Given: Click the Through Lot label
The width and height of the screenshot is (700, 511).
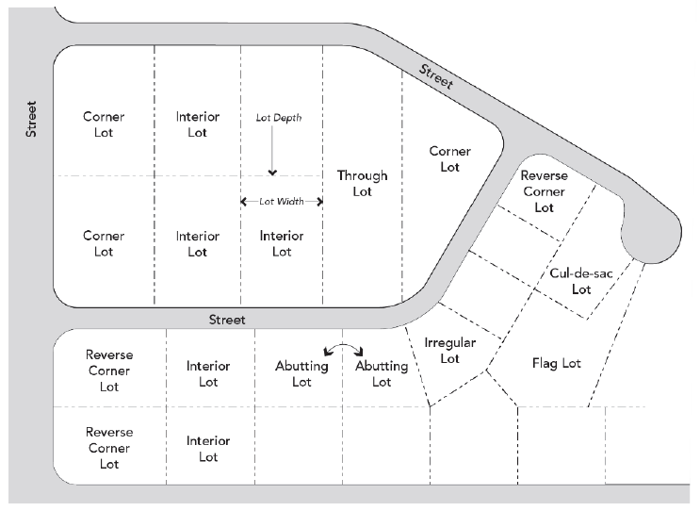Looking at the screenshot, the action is (362, 183).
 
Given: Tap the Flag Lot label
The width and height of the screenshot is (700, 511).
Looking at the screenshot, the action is (557, 363).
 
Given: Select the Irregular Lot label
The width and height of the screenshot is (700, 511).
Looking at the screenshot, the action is (449, 350).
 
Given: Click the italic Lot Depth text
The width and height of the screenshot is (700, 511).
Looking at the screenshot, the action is (279, 118).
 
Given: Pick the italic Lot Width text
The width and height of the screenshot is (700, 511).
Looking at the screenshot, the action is (282, 202).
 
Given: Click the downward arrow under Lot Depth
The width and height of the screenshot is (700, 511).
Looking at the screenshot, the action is (272, 156).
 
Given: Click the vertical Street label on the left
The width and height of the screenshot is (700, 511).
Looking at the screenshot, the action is (31, 120).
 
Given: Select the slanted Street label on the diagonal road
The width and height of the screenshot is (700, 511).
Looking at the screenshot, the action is (437, 76).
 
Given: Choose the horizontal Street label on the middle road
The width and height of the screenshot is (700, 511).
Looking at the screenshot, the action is (227, 320).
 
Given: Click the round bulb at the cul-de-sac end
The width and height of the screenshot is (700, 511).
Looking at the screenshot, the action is (657, 235).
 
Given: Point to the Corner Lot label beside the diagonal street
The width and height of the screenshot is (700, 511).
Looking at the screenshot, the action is (449, 158).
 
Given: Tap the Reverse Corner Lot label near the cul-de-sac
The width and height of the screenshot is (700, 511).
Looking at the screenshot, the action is (544, 191).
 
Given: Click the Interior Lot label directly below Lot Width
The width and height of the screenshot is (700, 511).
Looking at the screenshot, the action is (282, 243).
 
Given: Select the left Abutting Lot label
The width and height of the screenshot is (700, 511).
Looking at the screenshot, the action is (301, 374).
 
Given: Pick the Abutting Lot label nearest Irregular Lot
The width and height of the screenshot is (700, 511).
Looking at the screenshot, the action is (382, 374).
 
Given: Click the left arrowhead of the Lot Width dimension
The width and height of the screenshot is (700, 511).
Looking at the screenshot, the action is (244, 202).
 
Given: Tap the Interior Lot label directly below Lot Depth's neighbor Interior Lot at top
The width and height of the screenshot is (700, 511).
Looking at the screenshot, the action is (197, 243).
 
